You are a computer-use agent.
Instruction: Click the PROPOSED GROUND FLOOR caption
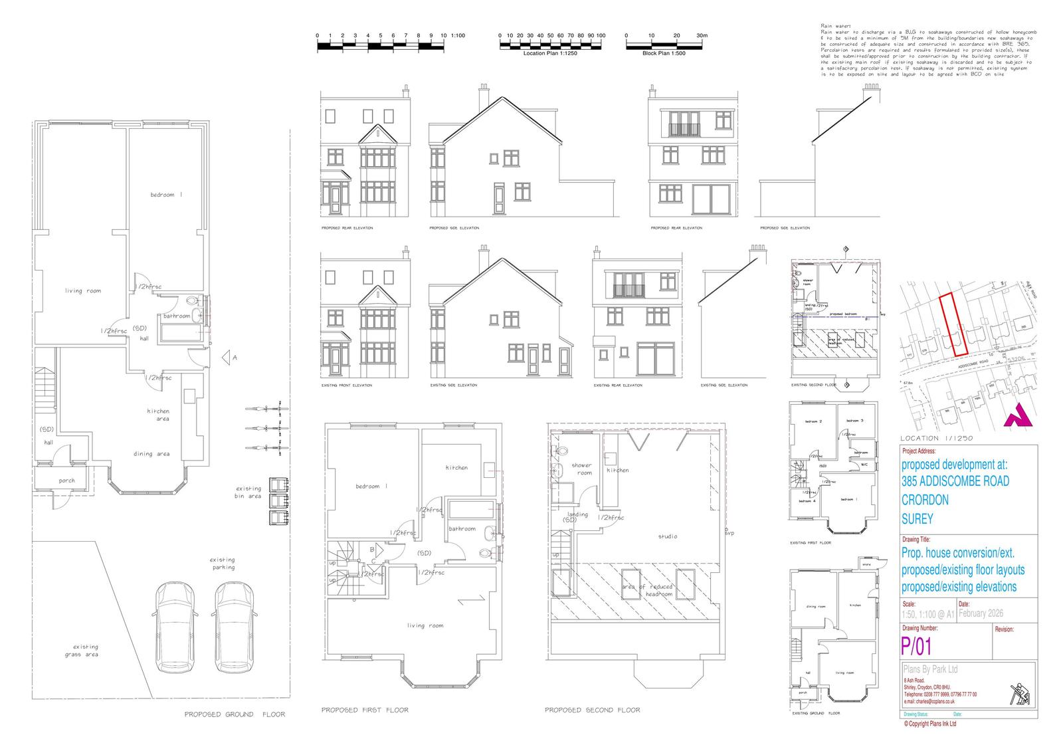(235, 714)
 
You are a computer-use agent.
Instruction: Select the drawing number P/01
(916, 645)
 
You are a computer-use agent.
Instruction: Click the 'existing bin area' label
(248, 492)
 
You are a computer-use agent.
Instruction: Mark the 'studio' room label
(668, 536)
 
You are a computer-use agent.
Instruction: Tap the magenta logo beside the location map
(1017, 415)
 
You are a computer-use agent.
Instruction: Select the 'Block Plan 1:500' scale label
(664, 53)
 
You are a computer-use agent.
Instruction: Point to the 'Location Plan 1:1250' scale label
(550, 53)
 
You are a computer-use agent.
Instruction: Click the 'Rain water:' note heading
(830, 26)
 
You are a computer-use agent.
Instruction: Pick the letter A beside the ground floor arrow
(235, 358)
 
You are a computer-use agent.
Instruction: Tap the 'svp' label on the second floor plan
(729, 533)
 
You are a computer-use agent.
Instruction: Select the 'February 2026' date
(981, 613)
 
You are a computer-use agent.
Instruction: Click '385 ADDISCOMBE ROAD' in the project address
(955, 481)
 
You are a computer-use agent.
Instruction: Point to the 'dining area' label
(151, 454)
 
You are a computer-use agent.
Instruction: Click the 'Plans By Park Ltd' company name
(930, 669)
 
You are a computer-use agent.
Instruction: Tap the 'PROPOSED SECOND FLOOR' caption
(593, 710)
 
